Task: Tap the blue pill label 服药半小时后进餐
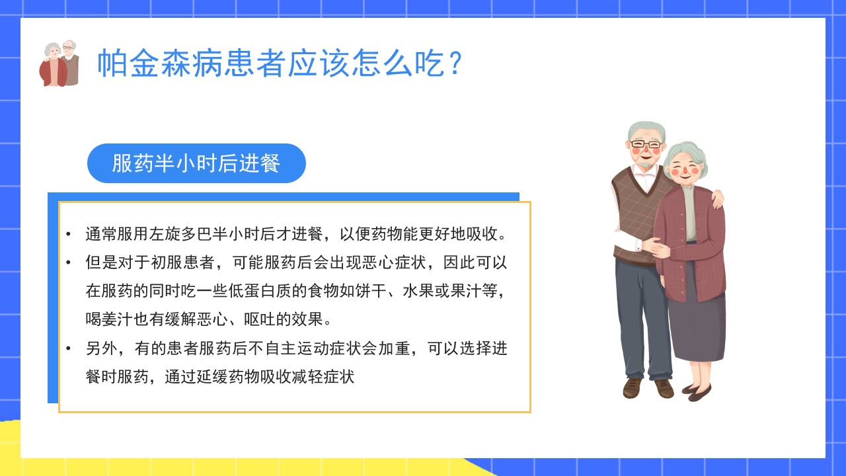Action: click(196, 163)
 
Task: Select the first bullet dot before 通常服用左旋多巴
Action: click(68, 235)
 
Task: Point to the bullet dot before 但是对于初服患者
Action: click(68, 263)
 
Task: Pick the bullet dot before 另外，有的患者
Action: click(68, 348)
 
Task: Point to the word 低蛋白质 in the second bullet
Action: click(228, 291)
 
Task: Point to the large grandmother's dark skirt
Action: click(697, 324)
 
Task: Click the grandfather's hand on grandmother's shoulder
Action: click(716, 198)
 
